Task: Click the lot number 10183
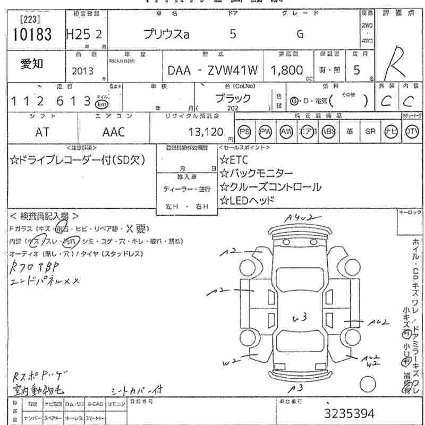(30, 35)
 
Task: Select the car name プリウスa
(166, 35)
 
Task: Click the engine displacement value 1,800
(286, 70)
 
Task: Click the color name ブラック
(233, 98)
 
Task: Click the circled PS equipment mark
(244, 132)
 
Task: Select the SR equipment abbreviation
(370, 132)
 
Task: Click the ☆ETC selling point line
(234, 159)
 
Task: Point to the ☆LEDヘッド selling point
(247, 200)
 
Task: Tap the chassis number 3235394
(349, 413)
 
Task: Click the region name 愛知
(32, 64)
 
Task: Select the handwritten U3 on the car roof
(301, 318)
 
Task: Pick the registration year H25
(78, 35)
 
